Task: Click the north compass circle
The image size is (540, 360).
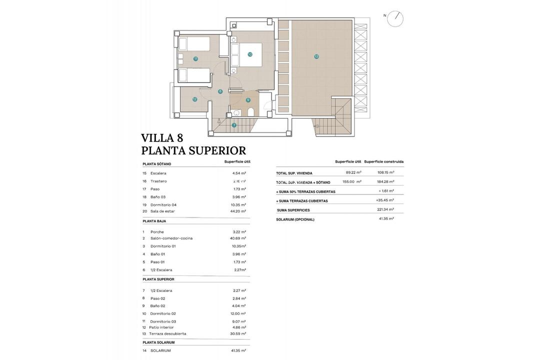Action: tap(395, 18)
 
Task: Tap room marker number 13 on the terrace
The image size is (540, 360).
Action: tap(316, 56)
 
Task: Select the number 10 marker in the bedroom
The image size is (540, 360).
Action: tap(249, 54)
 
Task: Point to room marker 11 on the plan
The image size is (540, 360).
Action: tap(195, 58)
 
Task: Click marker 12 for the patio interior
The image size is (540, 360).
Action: tap(194, 99)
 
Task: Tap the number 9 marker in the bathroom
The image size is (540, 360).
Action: tap(248, 100)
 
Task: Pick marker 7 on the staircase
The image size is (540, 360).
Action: tap(234, 125)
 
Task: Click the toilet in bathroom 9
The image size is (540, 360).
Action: tap(251, 111)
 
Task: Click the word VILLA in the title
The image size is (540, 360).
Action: tap(158, 138)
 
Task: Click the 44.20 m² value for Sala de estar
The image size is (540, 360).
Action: tap(238, 211)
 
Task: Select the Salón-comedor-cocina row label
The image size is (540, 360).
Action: tap(171, 238)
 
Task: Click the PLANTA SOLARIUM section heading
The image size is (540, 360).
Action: tap(158, 342)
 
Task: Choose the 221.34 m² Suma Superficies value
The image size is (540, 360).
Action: tap(385, 209)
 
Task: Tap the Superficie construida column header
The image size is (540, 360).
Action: tap(383, 161)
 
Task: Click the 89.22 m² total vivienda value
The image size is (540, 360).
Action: tap(353, 172)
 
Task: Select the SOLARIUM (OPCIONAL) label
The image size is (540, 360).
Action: tap(295, 219)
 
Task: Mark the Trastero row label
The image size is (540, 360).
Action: tap(158, 181)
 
